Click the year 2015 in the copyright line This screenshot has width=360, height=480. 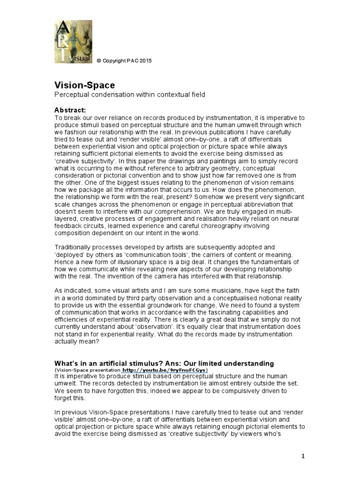point(145,61)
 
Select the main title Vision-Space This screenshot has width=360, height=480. point(85,85)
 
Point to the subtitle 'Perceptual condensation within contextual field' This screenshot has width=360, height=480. point(130,95)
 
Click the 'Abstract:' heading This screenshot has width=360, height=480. point(70,110)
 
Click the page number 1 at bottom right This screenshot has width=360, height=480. point(303,456)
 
